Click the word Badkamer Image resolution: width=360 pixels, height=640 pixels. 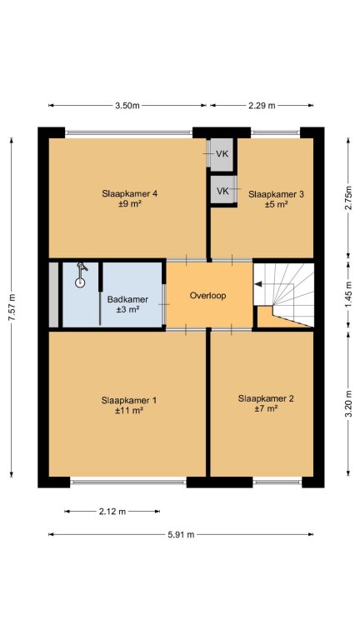(127, 299)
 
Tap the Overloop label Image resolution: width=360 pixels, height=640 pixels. (207, 296)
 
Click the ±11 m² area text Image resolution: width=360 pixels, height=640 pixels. (128, 411)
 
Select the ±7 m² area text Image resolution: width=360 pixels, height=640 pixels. (265, 408)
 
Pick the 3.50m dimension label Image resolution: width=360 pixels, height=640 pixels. (127, 106)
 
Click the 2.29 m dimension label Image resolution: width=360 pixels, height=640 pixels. (262, 106)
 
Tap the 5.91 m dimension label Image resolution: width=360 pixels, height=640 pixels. (181, 535)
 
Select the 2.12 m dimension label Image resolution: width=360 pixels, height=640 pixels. (112, 512)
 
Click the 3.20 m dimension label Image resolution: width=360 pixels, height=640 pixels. (348, 404)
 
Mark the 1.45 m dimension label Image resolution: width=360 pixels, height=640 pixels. (348, 296)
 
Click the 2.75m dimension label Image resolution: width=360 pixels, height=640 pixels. (348, 198)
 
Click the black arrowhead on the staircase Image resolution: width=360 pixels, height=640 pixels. (257, 284)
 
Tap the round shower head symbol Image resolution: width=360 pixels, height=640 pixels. (80, 282)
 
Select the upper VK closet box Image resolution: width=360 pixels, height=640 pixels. (222, 155)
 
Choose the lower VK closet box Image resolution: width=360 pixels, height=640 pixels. (223, 190)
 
